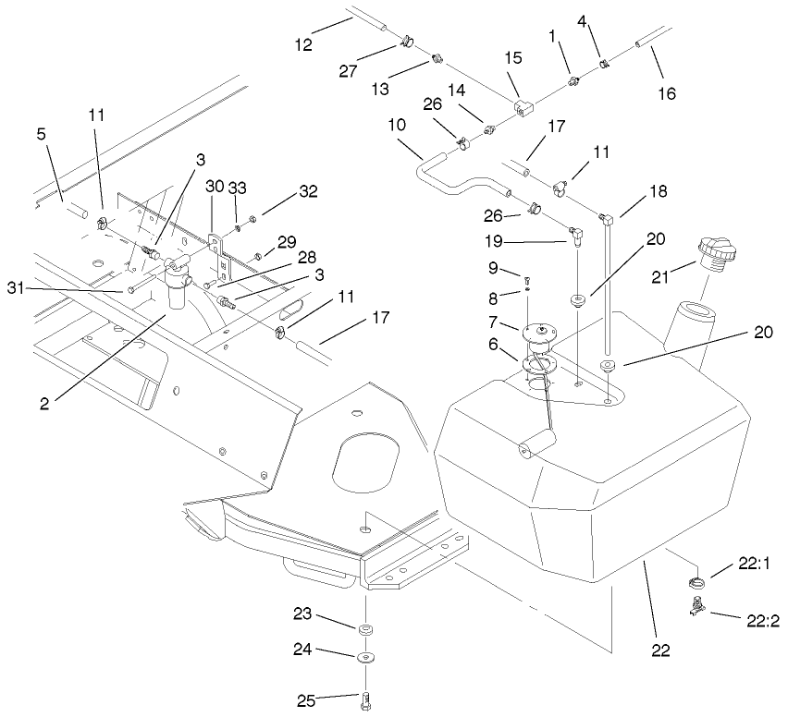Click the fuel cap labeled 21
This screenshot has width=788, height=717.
[x=718, y=252]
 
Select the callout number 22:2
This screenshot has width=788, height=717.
[x=761, y=621]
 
